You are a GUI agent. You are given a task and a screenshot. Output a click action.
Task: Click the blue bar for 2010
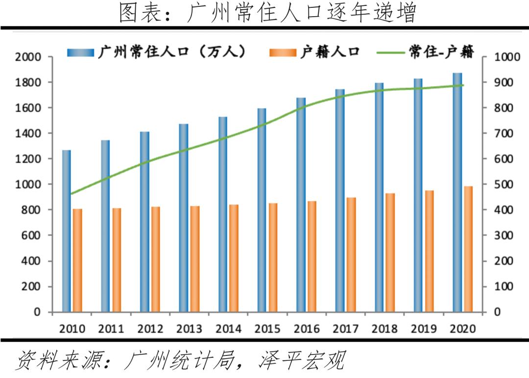[67, 230]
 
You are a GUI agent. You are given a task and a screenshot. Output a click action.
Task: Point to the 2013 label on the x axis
[189, 328]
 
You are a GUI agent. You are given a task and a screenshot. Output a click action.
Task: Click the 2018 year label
[385, 328]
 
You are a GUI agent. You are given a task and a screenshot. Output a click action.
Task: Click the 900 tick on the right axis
[504, 82]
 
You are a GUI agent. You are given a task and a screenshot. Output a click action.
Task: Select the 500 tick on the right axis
[504, 184]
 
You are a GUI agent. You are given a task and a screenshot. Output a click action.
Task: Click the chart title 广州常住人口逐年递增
[267, 13]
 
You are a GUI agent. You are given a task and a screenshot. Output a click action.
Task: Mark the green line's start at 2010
[72, 194]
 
